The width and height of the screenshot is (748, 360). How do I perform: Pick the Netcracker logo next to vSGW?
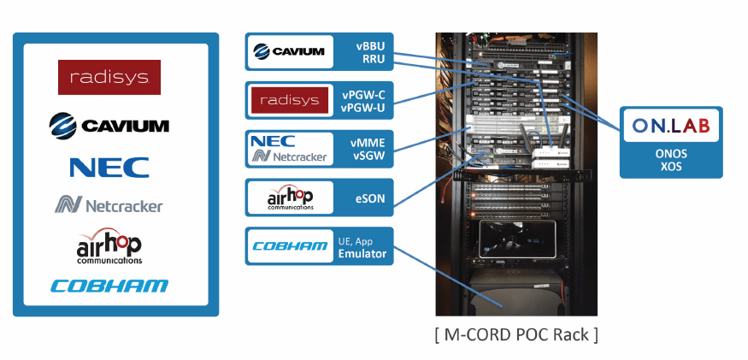pos(295,156)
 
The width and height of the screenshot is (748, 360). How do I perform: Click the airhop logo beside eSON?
pos(291,198)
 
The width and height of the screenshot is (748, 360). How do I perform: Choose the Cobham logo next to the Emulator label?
pos(290,246)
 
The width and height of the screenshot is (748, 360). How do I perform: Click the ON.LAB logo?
pos(670,127)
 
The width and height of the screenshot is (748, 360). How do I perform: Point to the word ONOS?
pos(670,154)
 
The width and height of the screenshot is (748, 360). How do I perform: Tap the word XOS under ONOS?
pos(670,166)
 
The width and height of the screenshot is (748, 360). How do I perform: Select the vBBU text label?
pos(369,45)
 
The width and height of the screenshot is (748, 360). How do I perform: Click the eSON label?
pos(368,198)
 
